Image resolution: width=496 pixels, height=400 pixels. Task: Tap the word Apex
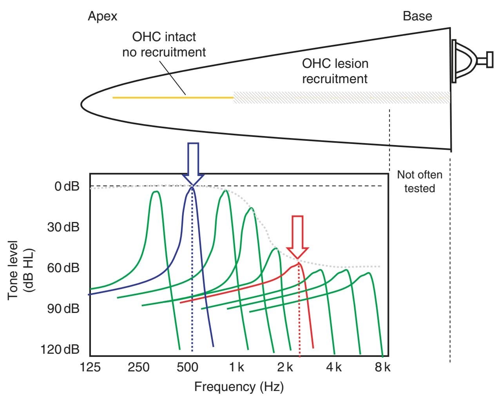click(x=102, y=16)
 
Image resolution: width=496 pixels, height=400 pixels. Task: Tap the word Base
click(x=417, y=16)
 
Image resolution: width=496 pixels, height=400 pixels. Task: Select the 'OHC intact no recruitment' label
click(x=164, y=44)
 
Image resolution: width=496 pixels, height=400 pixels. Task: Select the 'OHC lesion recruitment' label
click(x=335, y=71)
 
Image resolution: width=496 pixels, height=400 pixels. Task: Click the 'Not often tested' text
click(x=420, y=181)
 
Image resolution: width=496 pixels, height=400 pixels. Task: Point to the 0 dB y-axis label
click(x=67, y=186)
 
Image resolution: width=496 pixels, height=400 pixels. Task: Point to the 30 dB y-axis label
click(x=63, y=227)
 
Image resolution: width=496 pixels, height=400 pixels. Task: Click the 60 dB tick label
click(x=63, y=268)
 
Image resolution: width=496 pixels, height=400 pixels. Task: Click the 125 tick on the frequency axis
click(x=90, y=367)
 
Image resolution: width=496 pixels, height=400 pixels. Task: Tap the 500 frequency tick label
click(x=188, y=367)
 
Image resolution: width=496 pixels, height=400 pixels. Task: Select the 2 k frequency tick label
click(x=285, y=367)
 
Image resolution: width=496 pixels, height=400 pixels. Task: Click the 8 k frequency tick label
click(x=382, y=367)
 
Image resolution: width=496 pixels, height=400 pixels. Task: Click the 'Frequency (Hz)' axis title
click(x=239, y=387)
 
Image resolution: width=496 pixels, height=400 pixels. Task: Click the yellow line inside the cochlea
click(x=172, y=97)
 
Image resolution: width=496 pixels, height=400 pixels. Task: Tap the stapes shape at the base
click(x=470, y=60)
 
